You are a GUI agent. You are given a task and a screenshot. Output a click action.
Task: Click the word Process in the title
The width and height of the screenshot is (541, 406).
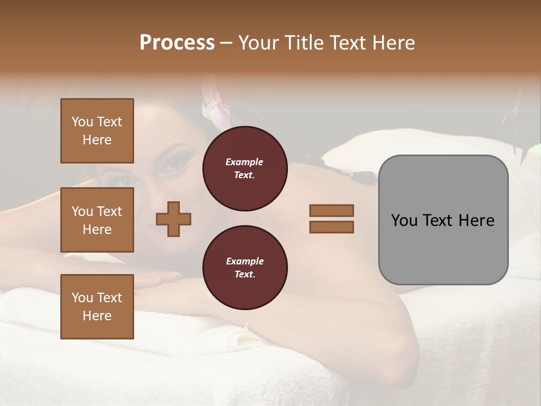177,43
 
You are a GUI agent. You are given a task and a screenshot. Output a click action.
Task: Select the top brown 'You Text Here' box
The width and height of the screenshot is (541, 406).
97,131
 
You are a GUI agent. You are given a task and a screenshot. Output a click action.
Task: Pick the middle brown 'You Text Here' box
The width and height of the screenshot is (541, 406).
97,220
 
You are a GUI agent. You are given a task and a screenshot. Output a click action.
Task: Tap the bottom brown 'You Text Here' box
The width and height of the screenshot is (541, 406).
97,307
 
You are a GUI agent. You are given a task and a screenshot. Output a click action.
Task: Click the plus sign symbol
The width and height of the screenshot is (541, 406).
174,219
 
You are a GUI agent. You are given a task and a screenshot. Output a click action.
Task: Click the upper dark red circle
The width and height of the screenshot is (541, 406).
245,169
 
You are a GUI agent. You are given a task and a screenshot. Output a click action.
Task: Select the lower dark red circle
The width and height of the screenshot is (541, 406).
245,268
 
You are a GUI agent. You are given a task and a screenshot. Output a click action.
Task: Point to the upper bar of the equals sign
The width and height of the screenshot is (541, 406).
331,210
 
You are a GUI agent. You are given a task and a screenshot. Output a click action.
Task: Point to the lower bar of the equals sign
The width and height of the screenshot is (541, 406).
331,227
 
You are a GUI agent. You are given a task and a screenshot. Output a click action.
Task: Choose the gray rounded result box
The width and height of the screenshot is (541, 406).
443,220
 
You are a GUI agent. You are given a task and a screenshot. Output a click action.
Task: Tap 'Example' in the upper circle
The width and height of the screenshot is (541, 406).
245,162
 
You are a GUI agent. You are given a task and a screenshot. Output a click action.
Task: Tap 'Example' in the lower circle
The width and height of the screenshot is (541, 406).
245,261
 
